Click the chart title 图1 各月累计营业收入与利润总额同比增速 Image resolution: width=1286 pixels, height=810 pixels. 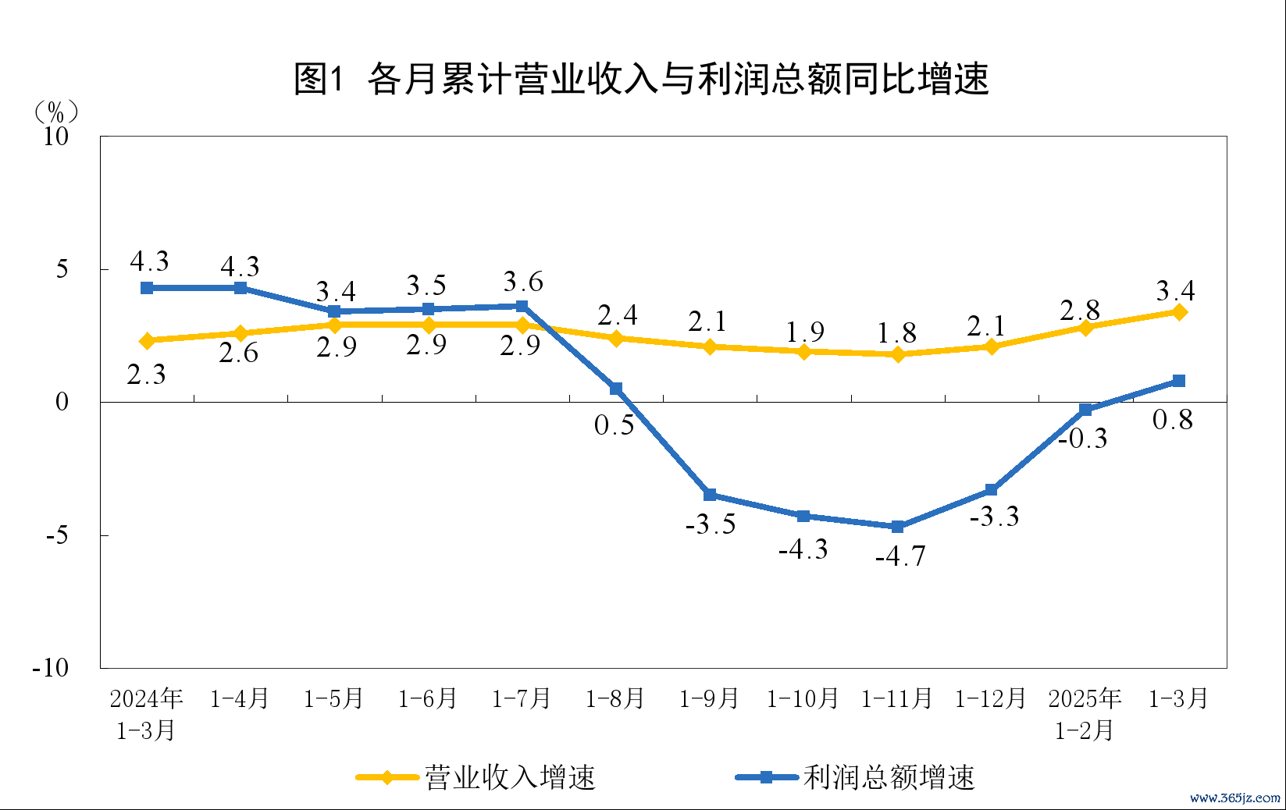pyautogui.click(x=641, y=79)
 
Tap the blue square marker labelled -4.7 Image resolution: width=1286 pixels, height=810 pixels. pyautogui.click(x=897, y=527)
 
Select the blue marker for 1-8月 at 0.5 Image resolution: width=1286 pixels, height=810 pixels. pyautogui.click(x=616, y=389)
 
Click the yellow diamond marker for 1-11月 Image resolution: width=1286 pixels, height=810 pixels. pyautogui.click(x=897, y=354)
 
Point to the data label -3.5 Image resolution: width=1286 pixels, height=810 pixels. pyautogui.click(x=711, y=524)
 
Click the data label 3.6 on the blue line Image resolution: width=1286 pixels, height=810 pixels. pyautogui.click(x=522, y=282)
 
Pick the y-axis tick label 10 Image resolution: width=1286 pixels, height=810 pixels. pyautogui.click(x=55, y=137)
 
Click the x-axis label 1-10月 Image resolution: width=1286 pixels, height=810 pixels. pyautogui.click(x=803, y=698)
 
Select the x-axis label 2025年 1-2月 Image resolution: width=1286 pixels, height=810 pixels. pyautogui.click(x=1085, y=714)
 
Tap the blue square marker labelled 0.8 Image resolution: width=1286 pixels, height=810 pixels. pyautogui.click(x=1179, y=381)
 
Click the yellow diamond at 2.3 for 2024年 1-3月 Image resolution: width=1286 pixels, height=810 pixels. pyautogui.click(x=147, y=341)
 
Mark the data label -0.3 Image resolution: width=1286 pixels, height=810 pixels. pyautogui.click(x=1083, y=439)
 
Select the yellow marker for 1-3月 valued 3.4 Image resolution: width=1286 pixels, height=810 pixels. pyautogui.click(x=1179, y=312)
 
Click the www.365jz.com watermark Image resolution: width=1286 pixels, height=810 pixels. pyautogui.click(x=1234, y=798)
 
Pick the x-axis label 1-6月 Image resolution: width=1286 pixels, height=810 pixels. pyautogui.click(x=427, y=698)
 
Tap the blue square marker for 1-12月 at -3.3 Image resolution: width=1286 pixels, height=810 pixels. pyautogui.click(x=992, y=490)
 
